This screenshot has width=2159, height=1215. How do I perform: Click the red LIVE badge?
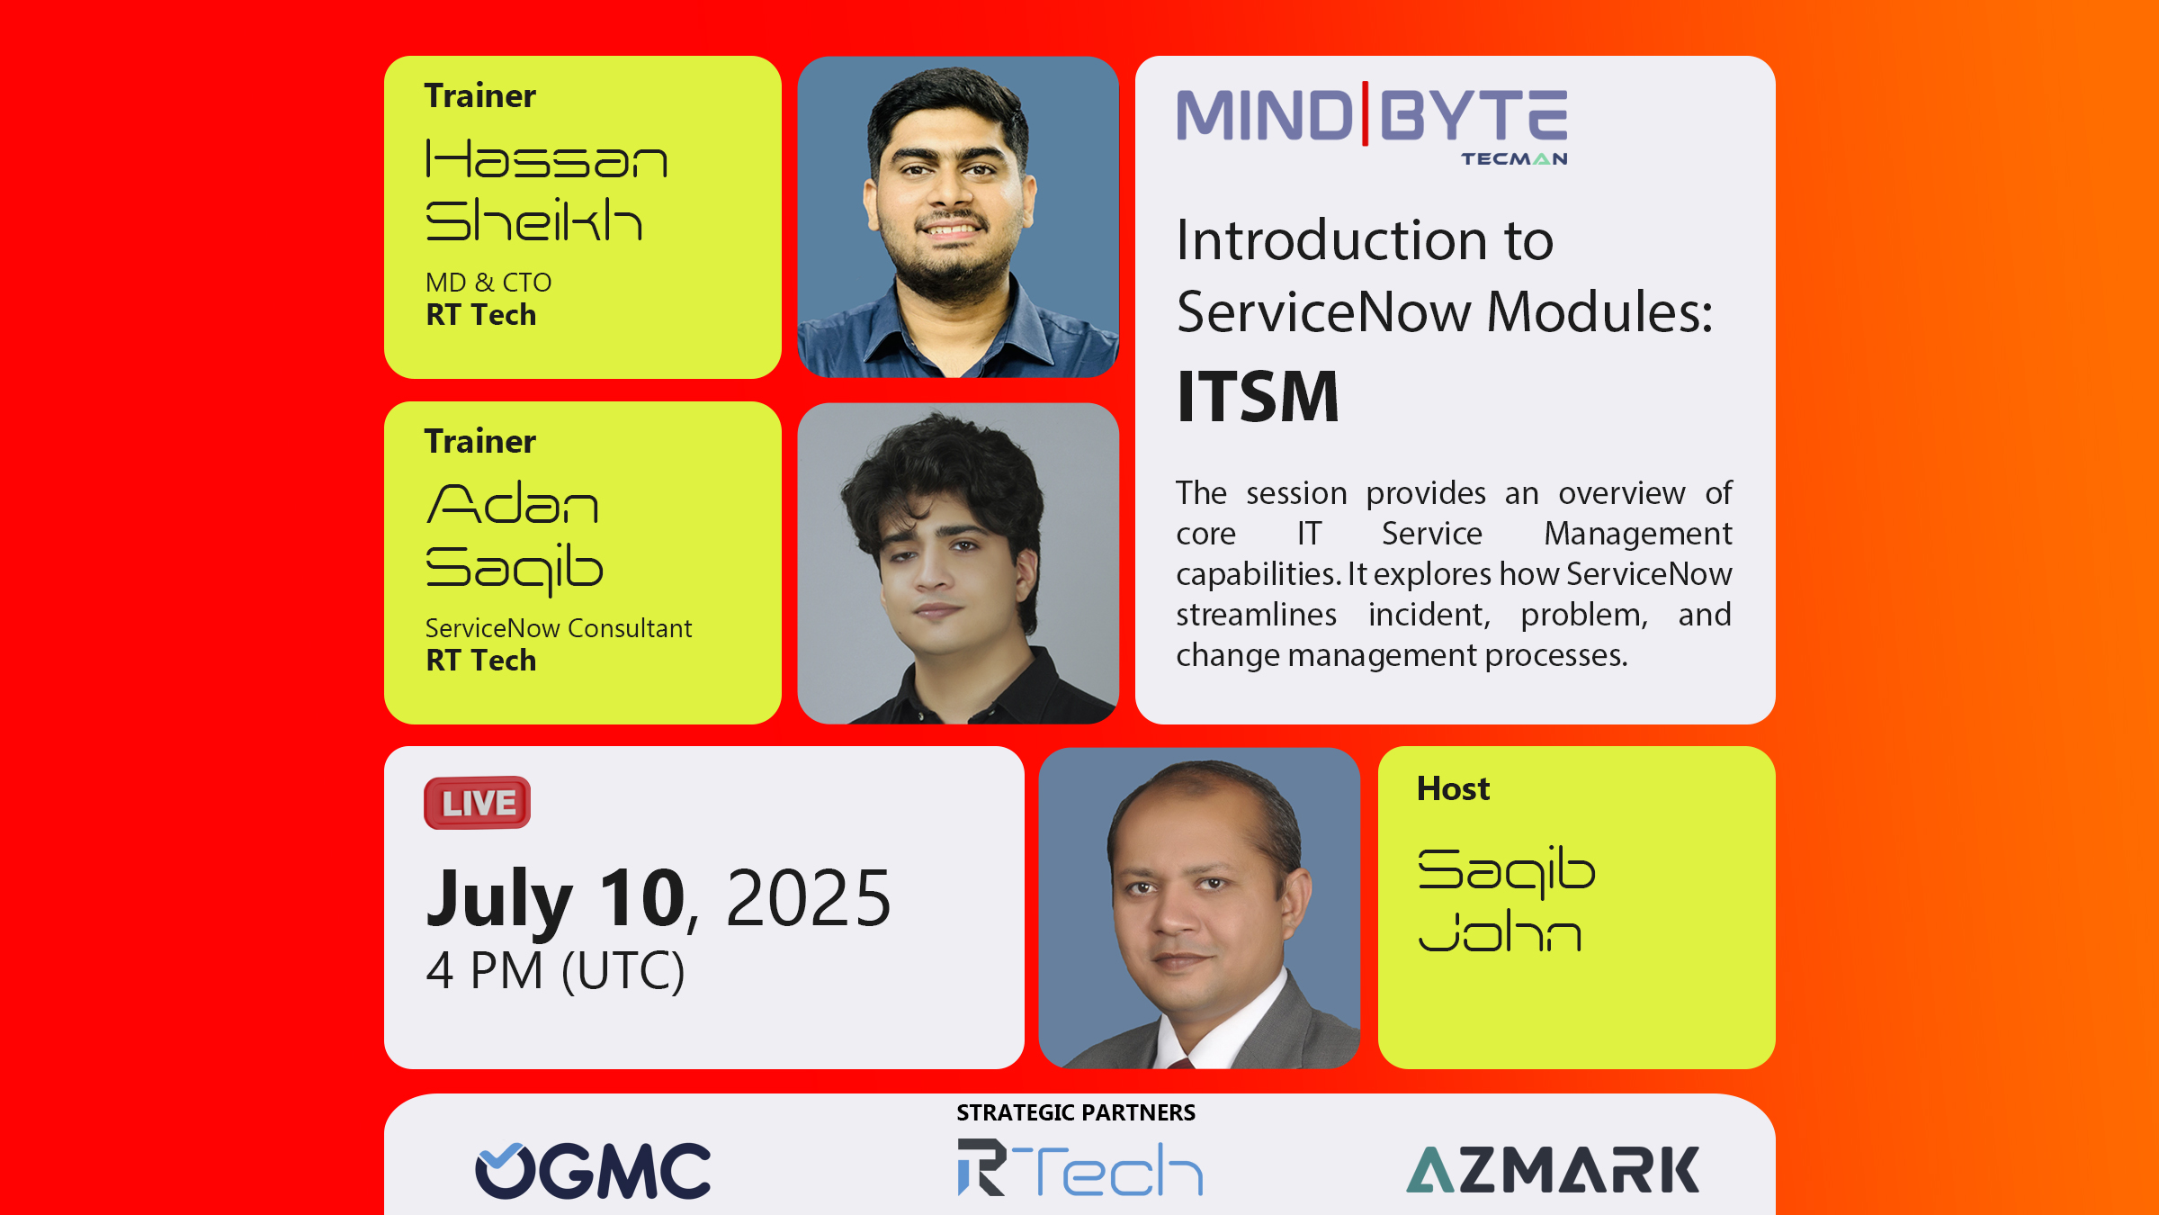477,803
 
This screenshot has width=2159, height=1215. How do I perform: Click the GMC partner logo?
593,1170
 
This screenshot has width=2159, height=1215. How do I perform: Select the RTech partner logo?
1080,1168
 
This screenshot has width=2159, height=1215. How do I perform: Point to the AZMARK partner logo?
1553,1169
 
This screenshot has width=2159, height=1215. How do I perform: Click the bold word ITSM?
1258,396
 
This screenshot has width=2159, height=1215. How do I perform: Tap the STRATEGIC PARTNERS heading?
1076,1113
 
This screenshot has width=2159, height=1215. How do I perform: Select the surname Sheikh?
533,220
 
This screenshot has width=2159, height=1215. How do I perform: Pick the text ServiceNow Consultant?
559,628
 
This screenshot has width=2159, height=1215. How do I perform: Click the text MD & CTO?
488,283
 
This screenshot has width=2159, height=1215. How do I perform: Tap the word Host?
1454,788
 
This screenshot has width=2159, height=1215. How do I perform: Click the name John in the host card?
1500,931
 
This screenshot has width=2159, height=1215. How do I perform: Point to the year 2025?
808,898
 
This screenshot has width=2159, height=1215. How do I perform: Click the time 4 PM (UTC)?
555,970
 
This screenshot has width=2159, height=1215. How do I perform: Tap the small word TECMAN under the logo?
1514,159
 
